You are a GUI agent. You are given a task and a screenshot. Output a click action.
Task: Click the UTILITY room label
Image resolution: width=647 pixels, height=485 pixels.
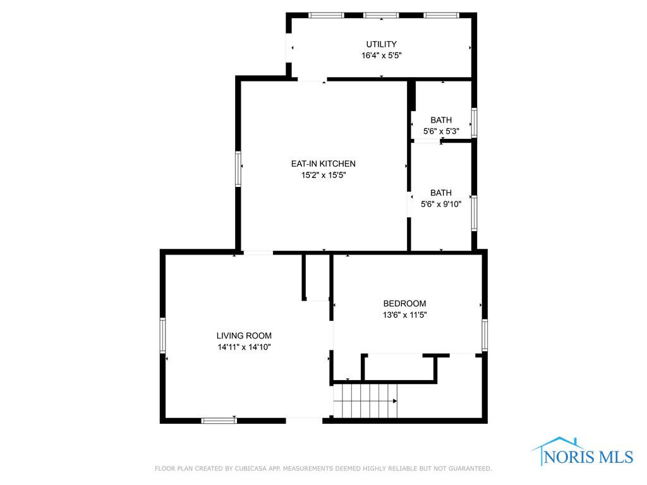pyautogui.click(x=381, y=44)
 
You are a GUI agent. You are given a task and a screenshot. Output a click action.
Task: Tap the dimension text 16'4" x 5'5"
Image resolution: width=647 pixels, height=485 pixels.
pyautogui.click(x=382, y=56)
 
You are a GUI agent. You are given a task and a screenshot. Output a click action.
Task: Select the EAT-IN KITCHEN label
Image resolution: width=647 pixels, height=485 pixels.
pyautogui.click(x=323, y=164)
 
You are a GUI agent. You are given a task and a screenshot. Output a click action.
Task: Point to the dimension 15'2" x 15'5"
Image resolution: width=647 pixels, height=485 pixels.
pyautogui.click(x=323, y=176)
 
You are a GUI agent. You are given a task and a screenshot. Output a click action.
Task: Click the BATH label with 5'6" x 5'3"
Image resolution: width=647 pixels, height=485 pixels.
pyautogui.click(x=441, y=120)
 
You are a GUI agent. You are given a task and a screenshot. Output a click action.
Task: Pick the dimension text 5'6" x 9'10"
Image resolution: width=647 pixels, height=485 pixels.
pyautogui.click(x=441, y=204)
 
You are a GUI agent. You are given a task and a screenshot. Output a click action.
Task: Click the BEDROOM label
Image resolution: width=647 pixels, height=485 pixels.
pyautogui.click(x=404, y=304)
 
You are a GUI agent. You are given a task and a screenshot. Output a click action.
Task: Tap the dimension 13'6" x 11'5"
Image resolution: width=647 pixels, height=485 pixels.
pyautogui.click(x=404, y=315)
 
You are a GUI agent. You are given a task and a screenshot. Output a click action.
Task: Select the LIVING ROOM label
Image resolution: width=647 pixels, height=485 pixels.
pyautogui.click(x=244, y=336)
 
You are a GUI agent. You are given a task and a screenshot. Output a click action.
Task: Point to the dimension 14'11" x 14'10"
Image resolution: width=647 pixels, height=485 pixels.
pyautogui.click(x=244, y=347)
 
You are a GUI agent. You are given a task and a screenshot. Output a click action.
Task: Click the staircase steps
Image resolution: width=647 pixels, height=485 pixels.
pyautogui.click(x=365, y=401)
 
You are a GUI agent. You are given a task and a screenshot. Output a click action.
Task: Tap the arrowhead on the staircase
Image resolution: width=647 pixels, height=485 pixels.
pyautogui.click(x=395, y=401)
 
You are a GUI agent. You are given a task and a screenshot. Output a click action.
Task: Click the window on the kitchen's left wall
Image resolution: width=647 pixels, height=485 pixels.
pyautogui.click(x=238, y=169)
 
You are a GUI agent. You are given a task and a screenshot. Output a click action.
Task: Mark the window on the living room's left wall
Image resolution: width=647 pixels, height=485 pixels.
pyautogui.click(x=162, y=335)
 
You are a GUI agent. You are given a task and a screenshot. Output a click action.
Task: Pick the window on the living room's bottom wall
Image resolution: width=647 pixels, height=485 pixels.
pyautogui.click(x=219, y=421)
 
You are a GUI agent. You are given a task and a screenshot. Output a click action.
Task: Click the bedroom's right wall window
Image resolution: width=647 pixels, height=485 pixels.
pyautogui.click(x=485, y=335)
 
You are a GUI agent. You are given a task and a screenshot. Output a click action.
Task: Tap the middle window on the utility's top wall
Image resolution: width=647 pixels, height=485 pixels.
pyautogui.click(x=381, y=15)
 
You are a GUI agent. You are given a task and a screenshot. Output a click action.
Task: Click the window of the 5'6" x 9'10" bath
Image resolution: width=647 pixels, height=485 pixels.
pyautogui.click(x=475, y=213)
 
